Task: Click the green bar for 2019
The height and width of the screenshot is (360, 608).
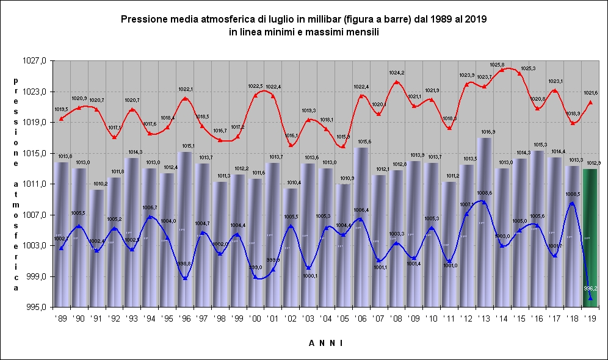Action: (x=590, y=238)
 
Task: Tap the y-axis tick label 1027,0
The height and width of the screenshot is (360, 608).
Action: (x=36, y=60)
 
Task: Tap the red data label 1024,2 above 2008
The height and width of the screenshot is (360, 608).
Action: (x=397, y=73)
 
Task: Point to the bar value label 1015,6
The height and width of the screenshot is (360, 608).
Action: (x=361, y=142)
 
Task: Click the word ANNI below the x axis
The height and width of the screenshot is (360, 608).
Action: (x=325, y=344)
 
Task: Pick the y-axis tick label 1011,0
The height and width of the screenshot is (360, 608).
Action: (x=36, y=184)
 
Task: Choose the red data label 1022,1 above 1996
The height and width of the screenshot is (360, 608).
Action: (x=185, y=89)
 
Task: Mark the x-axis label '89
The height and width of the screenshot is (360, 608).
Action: (x=61, y=319)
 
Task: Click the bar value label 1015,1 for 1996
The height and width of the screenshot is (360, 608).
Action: (x=185, y=146)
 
